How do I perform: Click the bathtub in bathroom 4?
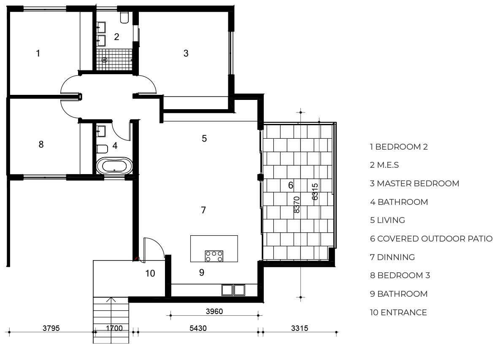114,166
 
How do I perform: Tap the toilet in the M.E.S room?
124,18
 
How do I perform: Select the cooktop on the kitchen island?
214,256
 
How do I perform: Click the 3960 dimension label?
214,311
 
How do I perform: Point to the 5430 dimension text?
198,328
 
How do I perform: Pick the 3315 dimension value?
300,328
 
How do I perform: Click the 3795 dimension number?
51,328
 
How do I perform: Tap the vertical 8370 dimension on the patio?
297,204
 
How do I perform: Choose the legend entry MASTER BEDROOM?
418,183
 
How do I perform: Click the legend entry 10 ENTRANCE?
398,312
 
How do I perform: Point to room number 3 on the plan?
186,53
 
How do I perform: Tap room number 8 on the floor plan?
41,144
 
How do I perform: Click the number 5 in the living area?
204,138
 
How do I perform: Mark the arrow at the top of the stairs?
111,299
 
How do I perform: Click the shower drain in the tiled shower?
105,60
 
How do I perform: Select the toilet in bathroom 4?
103,149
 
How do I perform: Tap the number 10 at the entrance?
150,273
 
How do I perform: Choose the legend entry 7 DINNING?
392,257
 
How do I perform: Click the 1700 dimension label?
114,328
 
